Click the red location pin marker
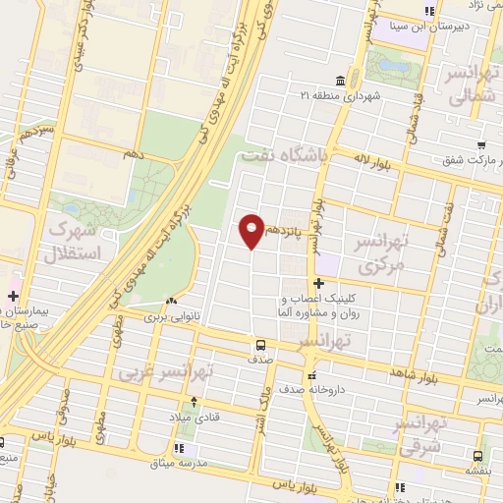click(251, 230)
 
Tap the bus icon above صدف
click(260, 345)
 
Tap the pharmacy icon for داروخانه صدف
click(311, 374)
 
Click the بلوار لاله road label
click(375, 162)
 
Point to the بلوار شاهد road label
click(410, 371)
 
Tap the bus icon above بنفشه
click(476, 457)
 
